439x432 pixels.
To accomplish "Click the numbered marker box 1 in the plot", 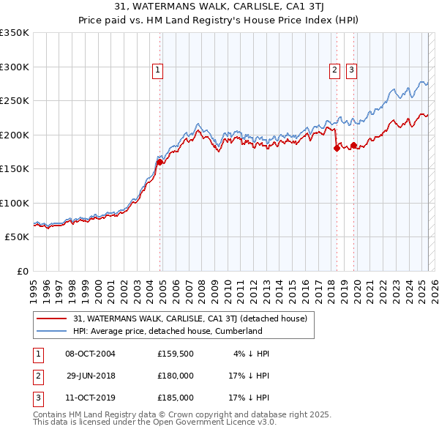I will point(157,70).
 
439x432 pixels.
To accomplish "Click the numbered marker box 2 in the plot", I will point(334,70).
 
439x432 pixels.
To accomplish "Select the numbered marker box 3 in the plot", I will point(351,70).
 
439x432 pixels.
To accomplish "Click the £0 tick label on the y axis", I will point(23,271).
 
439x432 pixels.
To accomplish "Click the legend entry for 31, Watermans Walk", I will point(194,319).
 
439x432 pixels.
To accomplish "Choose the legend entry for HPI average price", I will point(167,331).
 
